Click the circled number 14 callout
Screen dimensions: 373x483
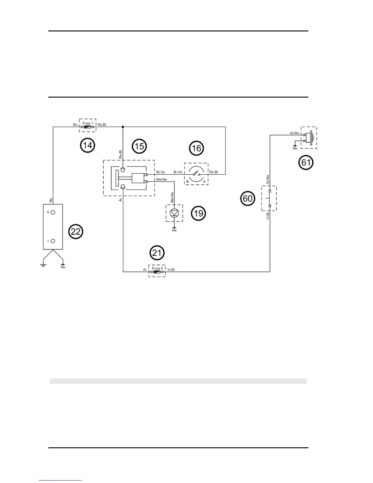[87, 145]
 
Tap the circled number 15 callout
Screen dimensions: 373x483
[139, 146]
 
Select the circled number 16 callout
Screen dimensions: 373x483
[196, 148]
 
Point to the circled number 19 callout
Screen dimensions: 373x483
[198, 213]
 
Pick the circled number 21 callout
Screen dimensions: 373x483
[157, 253]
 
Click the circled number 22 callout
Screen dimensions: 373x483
[75, 232]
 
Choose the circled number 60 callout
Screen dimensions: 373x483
[247, 199]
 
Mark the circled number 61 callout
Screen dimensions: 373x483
[306, 162]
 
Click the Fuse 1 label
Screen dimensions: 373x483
[88, 123]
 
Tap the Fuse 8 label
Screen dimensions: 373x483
[157, 268]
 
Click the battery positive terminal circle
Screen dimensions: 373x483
[53, 212]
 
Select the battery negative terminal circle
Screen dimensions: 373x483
[53, 241]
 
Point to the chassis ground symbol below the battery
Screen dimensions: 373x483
[43, 265]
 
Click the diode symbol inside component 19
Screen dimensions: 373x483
[174, 213]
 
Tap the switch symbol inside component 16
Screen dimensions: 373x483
[197, 174]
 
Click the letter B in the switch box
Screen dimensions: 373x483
[187, 182]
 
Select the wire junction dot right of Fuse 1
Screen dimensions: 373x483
[123, 127]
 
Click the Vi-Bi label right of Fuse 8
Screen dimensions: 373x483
[171, 270]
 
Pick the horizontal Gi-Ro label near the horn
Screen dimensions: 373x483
[294, 133]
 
